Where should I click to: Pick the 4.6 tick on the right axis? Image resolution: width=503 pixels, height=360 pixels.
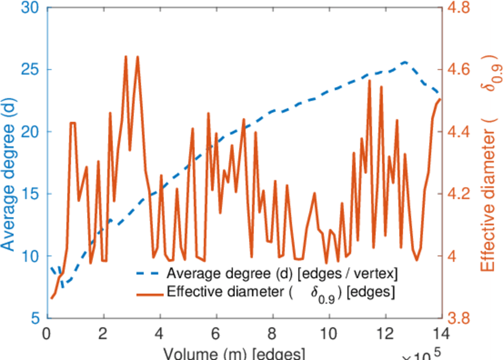tap(460, 70)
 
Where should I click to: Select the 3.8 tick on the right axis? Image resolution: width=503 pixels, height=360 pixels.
tap(460, 319)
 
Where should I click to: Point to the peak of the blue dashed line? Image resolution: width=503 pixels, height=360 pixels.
tap(405, 62)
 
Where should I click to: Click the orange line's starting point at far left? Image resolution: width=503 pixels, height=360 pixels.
tap(52, 298)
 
